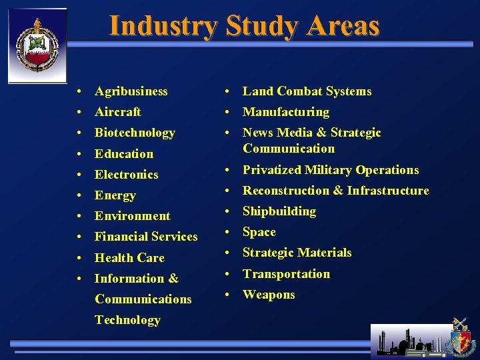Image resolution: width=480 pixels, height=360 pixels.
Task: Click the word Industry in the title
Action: pos(163,26)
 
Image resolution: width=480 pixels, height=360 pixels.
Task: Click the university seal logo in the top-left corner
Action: pos(37,45)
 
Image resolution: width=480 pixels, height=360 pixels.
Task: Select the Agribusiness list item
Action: pos(131,91)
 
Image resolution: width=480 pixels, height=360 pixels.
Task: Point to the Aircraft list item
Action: pos(117,112)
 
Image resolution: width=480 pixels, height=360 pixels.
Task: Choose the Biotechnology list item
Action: pos(135,133)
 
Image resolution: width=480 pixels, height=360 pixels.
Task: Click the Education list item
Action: pos(123,154)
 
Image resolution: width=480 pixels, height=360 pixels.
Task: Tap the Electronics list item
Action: pos(126,175)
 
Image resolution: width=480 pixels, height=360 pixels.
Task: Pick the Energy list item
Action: pos(115,195)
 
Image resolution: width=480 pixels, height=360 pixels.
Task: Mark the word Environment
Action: pos(132,216)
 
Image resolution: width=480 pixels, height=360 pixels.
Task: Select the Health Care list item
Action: pos(129,258)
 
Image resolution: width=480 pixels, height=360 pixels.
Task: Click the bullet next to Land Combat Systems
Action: pos(227,92)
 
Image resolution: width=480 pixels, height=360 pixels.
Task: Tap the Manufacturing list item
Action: pos(285,112)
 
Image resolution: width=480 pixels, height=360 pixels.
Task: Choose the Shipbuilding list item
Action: pos(279,211)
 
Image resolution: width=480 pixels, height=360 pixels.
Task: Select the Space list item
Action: pos(259,232)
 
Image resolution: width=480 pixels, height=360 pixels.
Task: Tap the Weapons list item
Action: pos(268,295)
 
